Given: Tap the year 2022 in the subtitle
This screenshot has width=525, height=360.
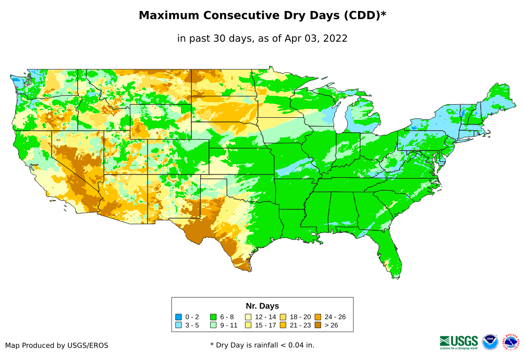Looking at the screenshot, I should tap(335, 38).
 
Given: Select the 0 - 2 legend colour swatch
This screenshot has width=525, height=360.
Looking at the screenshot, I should tap(178, 317).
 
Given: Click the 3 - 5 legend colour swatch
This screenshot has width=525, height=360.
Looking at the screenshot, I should tap(178, 325).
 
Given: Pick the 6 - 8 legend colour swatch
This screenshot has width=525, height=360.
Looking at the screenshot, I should tap(213, 317).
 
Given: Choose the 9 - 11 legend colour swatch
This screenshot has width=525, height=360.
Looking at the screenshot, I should tap(213, 325).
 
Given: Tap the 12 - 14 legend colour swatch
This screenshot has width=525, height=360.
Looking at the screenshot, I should tap(248, 317).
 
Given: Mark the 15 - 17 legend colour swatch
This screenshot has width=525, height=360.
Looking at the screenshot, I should tap(248, 325).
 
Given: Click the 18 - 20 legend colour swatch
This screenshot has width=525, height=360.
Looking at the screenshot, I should tap(283, 317).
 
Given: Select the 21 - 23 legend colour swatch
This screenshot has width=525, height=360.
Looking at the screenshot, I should tap(283, 325).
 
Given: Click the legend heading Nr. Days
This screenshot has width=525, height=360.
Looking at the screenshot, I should tap(262, 306).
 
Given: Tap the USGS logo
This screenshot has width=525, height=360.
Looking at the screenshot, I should tap(459, 342).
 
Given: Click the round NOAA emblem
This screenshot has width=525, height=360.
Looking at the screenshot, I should tap(490, 342).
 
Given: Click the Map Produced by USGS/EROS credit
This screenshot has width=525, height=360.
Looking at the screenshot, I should tap(57, 345).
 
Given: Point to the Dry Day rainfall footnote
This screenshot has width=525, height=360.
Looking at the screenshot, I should tap(262, 345).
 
